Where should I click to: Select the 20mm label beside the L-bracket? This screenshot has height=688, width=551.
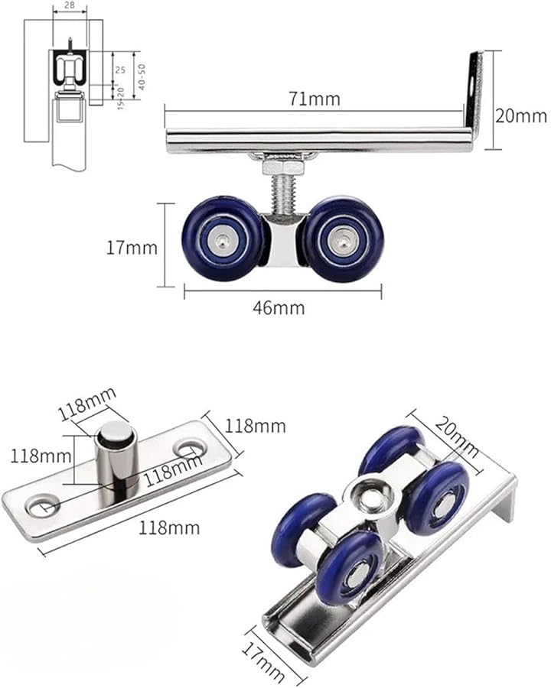pyautogui.click(x=520, y=115)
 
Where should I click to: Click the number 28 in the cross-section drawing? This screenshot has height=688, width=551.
pyautogui.click(x=69, y=5)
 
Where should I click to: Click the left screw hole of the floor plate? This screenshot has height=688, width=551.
pyautogui.click(x=38, y=505)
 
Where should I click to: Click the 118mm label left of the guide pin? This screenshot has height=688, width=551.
pyautogui.click(x=36, y=456)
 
